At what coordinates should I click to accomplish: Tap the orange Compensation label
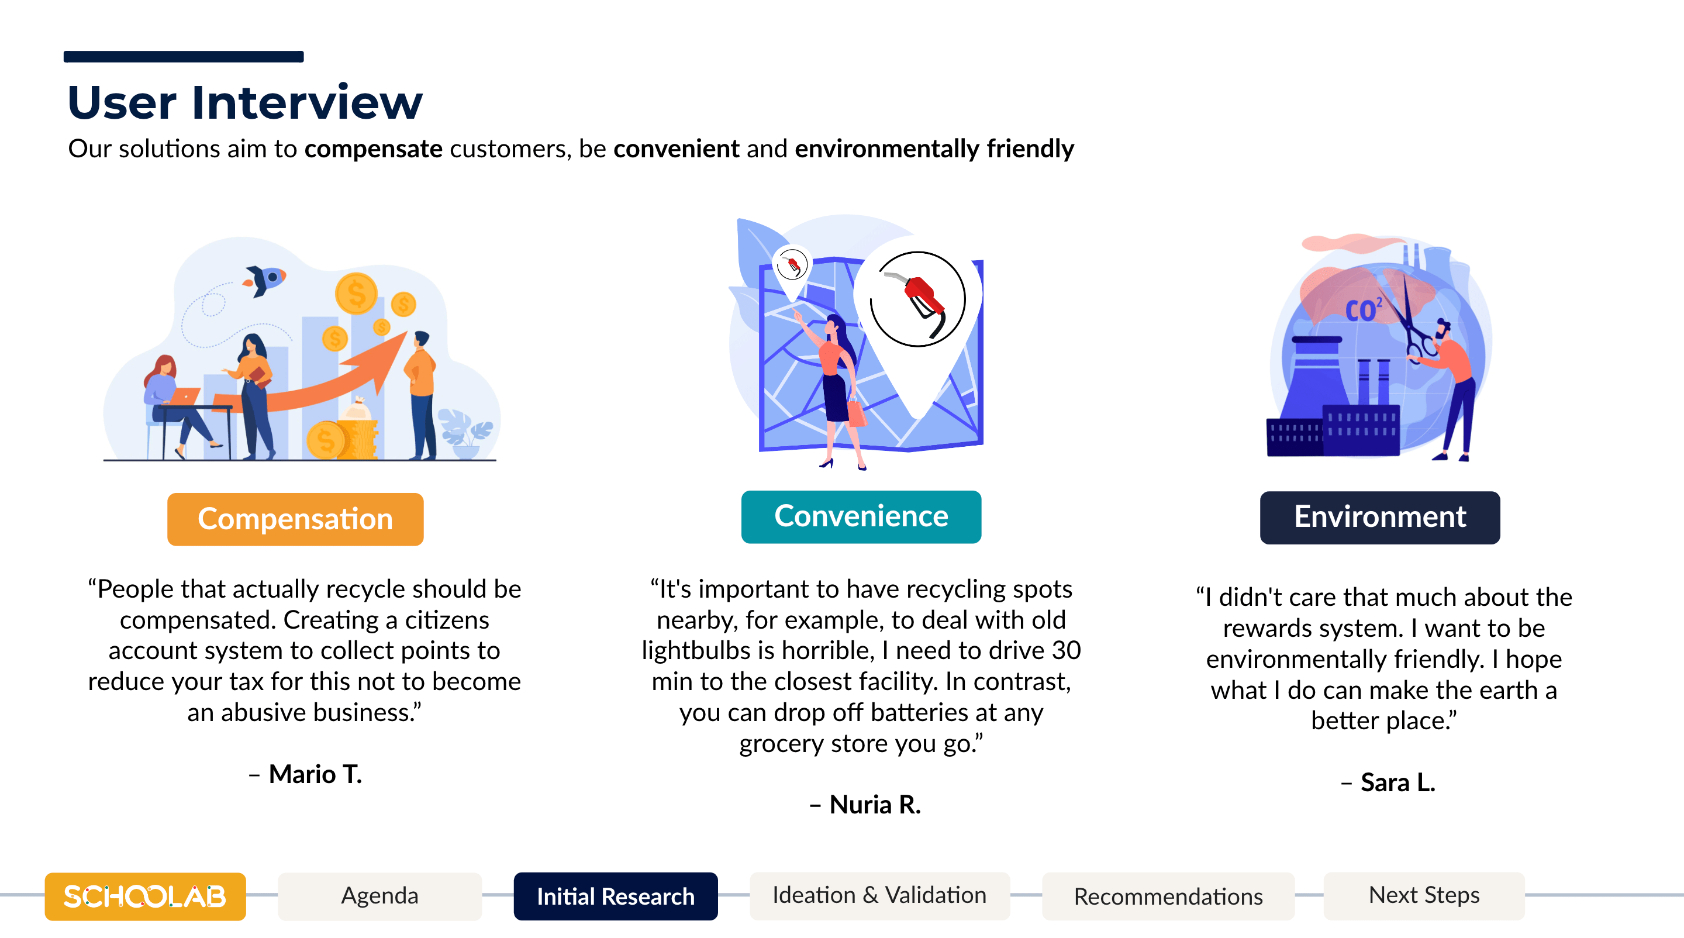(x=295, y=519)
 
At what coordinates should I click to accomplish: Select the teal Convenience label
(x=861, y=516)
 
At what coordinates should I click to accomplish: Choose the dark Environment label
(x=1380, y=517)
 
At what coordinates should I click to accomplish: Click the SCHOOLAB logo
(x=145, y=896)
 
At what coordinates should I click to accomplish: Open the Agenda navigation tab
(x=380, y=896)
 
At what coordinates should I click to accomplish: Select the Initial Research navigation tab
(x=616, y=896)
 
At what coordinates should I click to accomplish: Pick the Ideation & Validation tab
(x=880, y=896)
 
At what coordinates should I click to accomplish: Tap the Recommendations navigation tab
(x=1168, y=896)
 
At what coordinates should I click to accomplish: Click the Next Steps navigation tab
(x=1424, y=896)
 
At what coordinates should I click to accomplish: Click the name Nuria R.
(x=875, y=805)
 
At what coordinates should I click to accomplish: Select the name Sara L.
(x=1397, y=783)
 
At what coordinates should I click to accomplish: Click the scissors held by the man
(x=1412, y=321)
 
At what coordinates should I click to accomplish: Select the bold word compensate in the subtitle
(x=373, y=150)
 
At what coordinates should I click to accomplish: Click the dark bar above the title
(x=184, y=57)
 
